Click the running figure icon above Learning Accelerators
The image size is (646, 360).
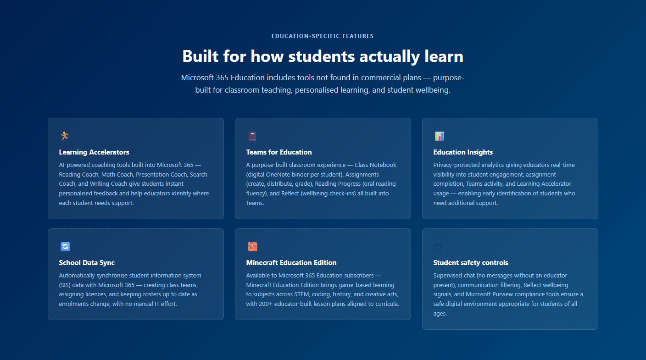pyautogui.click(x=65, y=136)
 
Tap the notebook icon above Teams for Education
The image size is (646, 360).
pyautogui.click(x=252, y=136)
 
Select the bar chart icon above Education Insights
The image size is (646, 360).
pyautogui.click(x=440, y=136)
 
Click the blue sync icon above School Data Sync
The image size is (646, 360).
pyautogui.click(x=65, y=246)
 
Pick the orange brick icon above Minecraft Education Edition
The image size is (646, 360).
pyautogui.click(x=253, y=246)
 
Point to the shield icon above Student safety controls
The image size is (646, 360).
pyautogui.click(x=438, y=247)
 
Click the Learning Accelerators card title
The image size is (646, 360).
pyautogui.click(x=94, y=152)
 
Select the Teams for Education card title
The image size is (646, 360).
pyautogui.click(x=279, y=152)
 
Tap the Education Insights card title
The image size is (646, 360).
pyautogui.click(x=463, y=152)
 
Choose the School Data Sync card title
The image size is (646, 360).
pyautogui.click(x=87, y=263)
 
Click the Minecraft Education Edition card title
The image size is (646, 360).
pyautogui.click(x=291, y=263)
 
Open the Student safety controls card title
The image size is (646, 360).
pyautogui.click(x=471, y=263)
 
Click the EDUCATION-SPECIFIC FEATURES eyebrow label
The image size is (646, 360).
pyautogui.click(x=323, y=36)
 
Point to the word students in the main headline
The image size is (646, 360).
pyautogui.click(x=321, y=56)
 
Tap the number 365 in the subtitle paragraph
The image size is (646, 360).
pyautogui.click(x=222, y=78)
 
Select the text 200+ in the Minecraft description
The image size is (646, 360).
pyautogui.click(x=265, y=304)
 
